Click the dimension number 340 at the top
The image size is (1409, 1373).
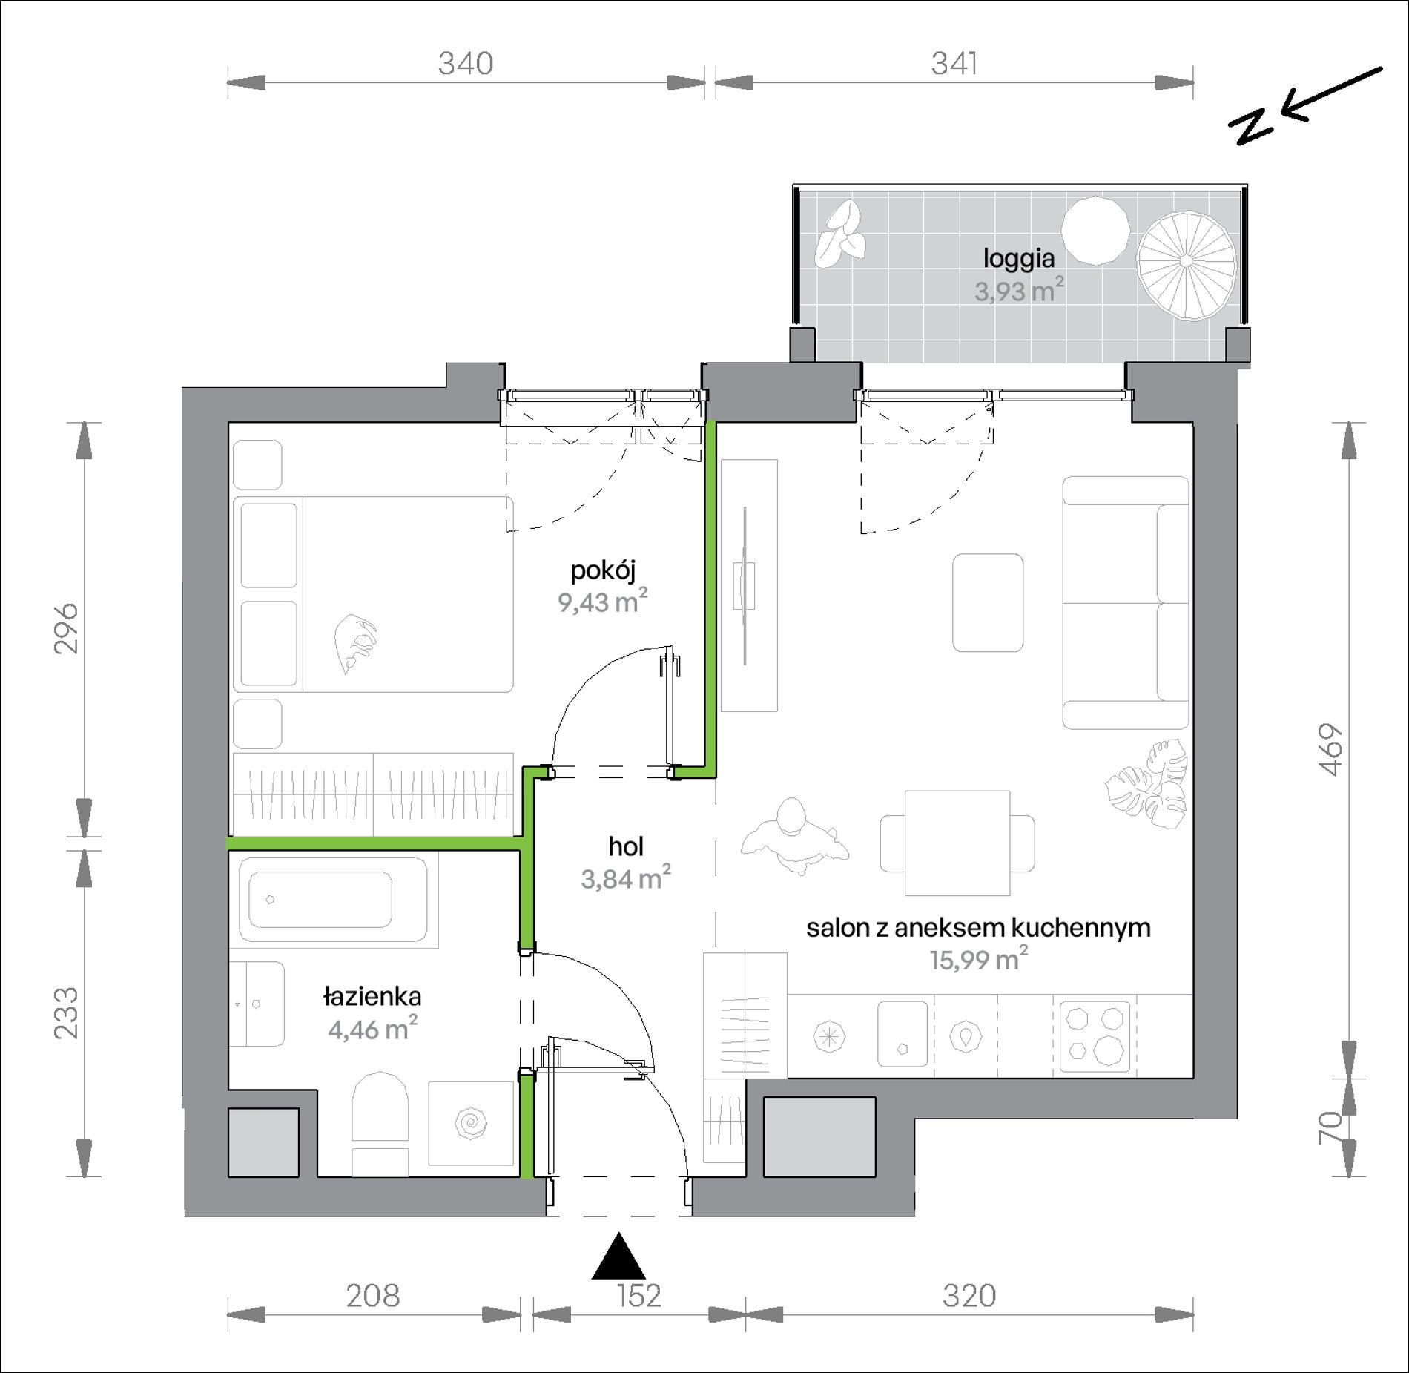point(465,64)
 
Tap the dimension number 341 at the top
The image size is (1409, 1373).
point(954,64)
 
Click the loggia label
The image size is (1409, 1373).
point(1019,258)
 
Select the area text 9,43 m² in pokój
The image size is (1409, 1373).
point(603,601)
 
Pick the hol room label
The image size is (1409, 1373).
point(625,846)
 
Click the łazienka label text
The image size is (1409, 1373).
point(372,997)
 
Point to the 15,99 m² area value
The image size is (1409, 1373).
point(979,959)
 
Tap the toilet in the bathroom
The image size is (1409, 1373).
point(380,1124)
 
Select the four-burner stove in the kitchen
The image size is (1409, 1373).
point(1095,1036)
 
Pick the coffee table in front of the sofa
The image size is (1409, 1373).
point(988,602)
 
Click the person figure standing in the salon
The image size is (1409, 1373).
point(794,834)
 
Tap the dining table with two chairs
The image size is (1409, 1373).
point(957,843)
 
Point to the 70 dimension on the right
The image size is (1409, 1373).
point(1332,1127)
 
